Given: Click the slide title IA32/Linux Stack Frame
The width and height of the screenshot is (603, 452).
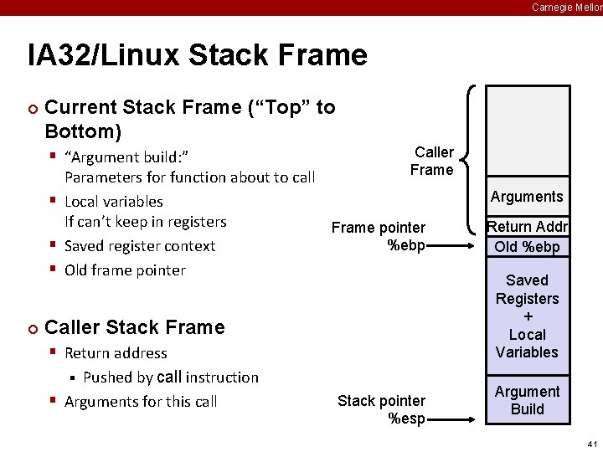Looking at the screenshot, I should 198,56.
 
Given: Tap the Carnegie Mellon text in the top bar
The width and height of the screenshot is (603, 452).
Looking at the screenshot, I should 566,8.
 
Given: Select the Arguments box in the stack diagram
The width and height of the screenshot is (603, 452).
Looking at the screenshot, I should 527,198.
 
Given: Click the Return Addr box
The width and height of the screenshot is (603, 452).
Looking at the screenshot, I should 527,227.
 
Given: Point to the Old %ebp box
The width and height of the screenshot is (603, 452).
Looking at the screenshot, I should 527,247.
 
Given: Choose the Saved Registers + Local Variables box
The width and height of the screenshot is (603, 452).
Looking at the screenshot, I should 527,316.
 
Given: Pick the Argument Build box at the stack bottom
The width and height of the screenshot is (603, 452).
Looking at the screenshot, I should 527,400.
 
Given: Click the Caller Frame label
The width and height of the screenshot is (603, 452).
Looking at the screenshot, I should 432,161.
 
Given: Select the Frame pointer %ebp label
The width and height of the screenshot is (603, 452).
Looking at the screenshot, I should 379,236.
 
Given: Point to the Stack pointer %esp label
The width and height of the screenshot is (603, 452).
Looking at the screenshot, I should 381,409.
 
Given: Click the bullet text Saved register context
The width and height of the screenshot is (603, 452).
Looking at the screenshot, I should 140,246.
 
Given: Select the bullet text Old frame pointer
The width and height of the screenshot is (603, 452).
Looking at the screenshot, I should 125,270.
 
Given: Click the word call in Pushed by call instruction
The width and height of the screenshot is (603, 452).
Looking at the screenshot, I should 169,378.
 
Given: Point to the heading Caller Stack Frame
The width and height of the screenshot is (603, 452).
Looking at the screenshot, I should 135,327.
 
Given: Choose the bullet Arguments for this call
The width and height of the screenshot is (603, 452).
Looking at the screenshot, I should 141,402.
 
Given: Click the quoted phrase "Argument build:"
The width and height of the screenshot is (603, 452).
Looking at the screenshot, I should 126,157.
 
